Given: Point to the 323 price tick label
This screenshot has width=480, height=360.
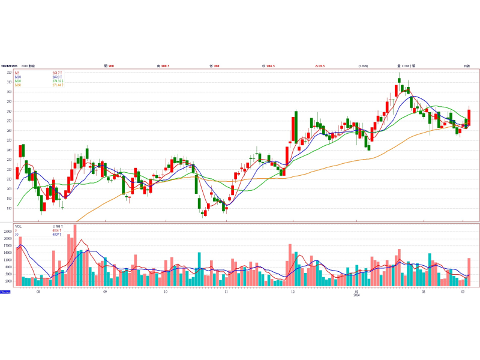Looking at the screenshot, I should click(9, 73).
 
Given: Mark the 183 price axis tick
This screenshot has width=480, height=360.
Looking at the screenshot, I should click(9, 208).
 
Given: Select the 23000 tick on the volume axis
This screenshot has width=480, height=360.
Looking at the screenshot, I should click(8, 231).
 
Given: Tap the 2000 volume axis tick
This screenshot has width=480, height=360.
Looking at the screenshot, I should click(8, 281).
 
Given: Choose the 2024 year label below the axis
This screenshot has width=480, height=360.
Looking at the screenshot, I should click(356, 295).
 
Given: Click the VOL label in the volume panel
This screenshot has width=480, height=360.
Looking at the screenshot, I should click(18, 226).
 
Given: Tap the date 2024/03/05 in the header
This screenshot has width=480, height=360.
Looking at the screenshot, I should click(9, 65).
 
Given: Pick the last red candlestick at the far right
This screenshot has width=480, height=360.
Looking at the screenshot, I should click(469, 118).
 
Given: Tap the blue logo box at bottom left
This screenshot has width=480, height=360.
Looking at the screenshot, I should click(5, 292).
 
